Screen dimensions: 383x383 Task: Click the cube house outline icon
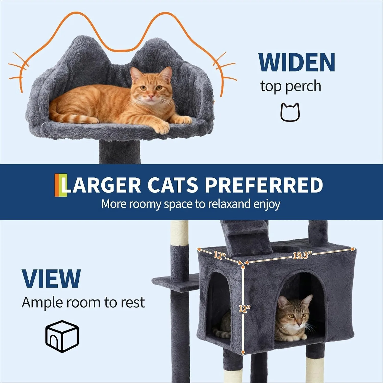[x=62, y=337]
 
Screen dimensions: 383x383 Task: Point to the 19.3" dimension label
[x=302, y=255]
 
